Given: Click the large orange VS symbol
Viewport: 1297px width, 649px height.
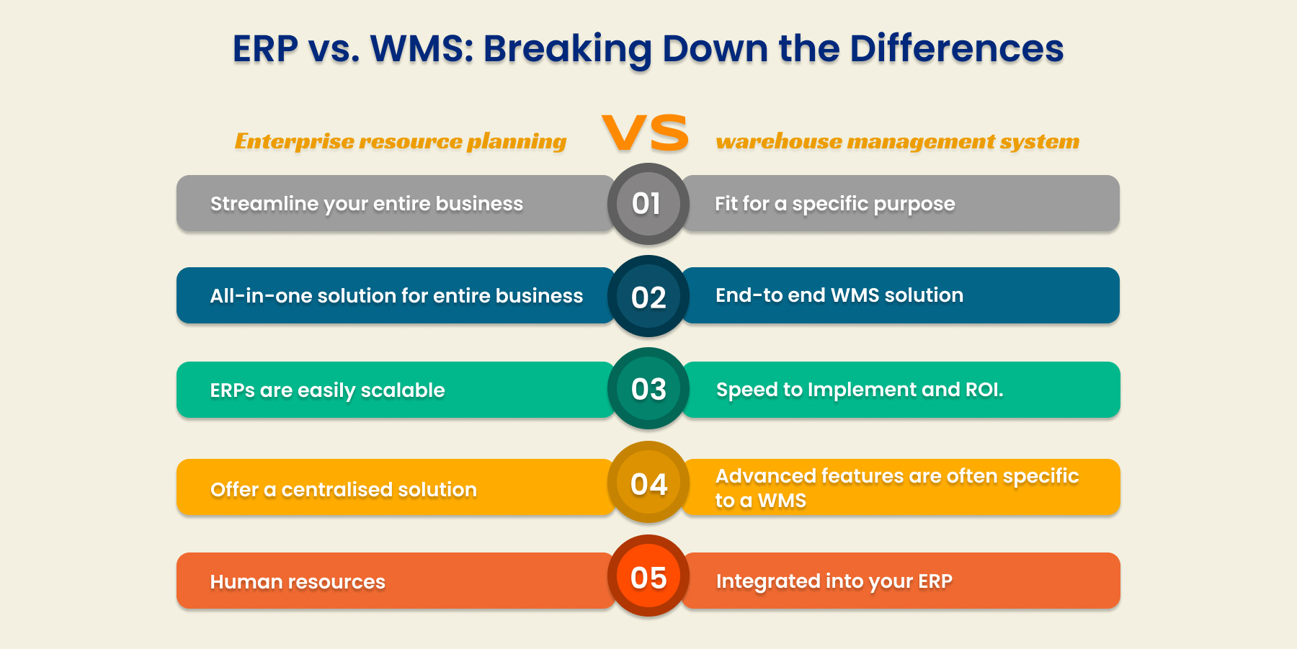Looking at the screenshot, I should tap(646, 133).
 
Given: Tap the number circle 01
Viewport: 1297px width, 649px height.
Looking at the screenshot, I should tap(648, 204).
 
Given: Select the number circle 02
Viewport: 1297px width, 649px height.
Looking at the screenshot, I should tap(648, 297).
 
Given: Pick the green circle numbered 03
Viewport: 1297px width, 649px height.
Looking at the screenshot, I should tap(648, 389).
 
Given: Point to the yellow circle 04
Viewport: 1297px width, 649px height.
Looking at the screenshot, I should tap(648, 483).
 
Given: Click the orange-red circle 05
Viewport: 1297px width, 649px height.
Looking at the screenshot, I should tap(648, 577).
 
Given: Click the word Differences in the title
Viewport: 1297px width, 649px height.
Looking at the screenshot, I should tap(956, 49).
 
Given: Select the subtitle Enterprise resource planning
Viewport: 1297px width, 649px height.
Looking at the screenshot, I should tap(400, 141).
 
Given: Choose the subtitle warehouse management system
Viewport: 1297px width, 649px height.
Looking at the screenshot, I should tap(897, 141).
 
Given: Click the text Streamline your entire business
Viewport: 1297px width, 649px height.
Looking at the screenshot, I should tap(366, 204).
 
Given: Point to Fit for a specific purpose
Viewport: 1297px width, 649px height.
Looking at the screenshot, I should tap(834, 204).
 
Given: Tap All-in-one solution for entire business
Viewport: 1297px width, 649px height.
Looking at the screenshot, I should tap(396, 296).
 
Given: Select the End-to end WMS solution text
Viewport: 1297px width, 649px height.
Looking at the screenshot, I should tap(839, 295).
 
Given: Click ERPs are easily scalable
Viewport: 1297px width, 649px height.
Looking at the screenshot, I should tap(327, 390).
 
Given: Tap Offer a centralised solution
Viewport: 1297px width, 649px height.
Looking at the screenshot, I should tap(343, 490).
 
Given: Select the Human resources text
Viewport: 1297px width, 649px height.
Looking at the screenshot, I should tap(298, 582).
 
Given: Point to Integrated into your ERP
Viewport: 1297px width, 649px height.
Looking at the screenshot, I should tap(834, 581).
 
